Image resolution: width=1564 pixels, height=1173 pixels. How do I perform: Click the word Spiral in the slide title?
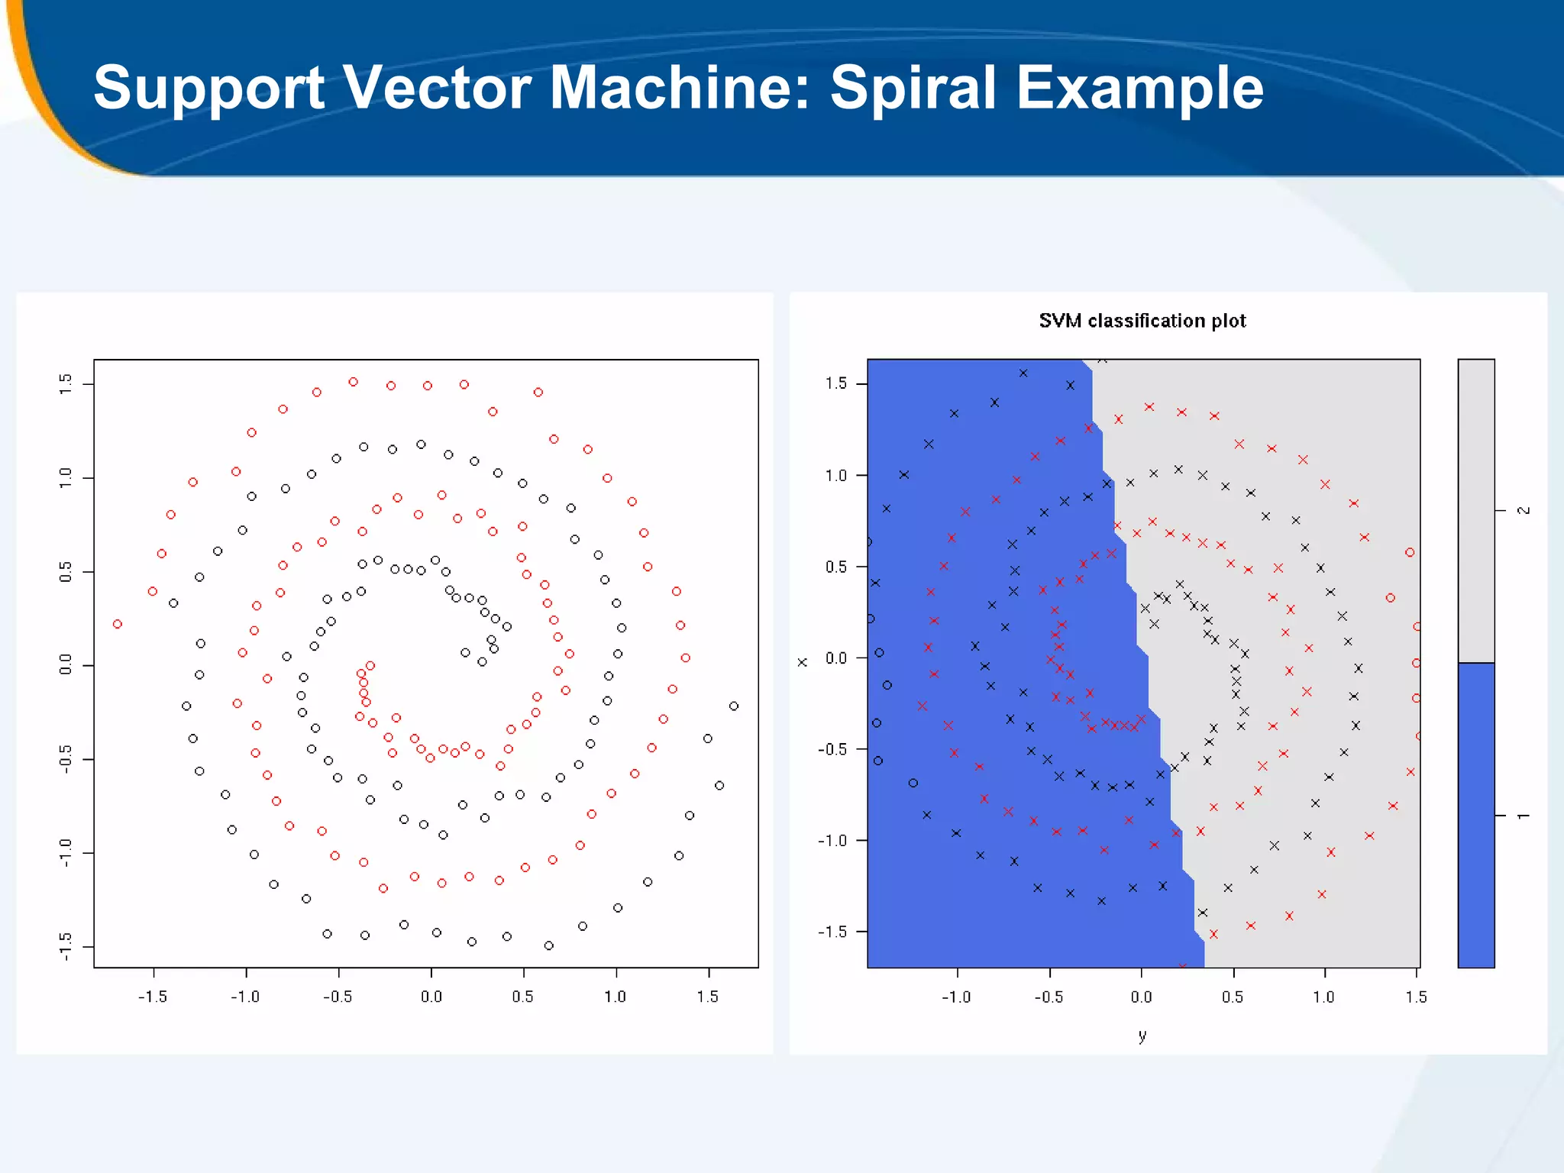pos(914,88)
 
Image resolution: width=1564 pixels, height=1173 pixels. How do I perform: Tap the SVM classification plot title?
pos(1142,321)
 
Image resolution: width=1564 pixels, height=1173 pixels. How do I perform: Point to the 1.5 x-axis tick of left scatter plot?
pos(707,997)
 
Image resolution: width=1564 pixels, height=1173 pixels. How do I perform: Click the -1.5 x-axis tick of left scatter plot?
pos(153,997)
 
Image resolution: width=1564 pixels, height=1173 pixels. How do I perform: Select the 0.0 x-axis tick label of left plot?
pos(431,997)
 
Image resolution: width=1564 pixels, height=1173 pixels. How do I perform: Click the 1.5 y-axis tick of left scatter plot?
pos(66,384)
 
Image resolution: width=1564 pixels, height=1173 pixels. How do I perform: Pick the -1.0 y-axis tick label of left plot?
pos(66,853)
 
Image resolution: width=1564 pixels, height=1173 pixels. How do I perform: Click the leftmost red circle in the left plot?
pos(117,624)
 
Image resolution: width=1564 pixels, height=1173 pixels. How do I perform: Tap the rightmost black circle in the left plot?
pos(734,706)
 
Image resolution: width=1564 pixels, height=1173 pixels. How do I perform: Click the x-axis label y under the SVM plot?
pos(1142,1036)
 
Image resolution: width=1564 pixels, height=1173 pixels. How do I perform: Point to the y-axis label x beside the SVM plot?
pos(802,662)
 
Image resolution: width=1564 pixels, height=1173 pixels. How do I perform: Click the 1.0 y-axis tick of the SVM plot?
pos(836,476)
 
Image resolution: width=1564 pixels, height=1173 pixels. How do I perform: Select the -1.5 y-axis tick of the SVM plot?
pos(832,932)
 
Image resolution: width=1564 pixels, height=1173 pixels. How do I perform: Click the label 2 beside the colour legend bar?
pos(1523,510)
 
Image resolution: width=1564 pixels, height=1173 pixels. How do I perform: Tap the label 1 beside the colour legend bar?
pos(1523,816)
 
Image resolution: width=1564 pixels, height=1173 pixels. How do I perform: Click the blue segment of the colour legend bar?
pos(1475,815)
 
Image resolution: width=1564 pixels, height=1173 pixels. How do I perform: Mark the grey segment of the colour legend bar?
pos(1475,510)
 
